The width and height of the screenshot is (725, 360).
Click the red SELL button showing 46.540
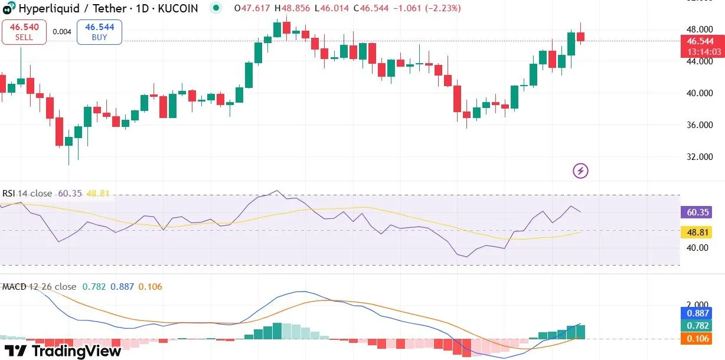(x=24, y=32)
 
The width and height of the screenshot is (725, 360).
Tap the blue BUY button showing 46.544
(x=100, y=32)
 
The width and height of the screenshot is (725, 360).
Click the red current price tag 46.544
(x=702, y=41)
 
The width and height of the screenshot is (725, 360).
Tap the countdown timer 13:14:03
(x=702, y=52)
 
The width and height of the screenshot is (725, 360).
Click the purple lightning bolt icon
(x=581, y=171)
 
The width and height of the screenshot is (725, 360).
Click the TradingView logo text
(x=66, y=351)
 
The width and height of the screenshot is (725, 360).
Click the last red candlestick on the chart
(x=580, y=36)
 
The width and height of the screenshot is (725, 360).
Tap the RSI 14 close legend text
(x=27, y=194)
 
